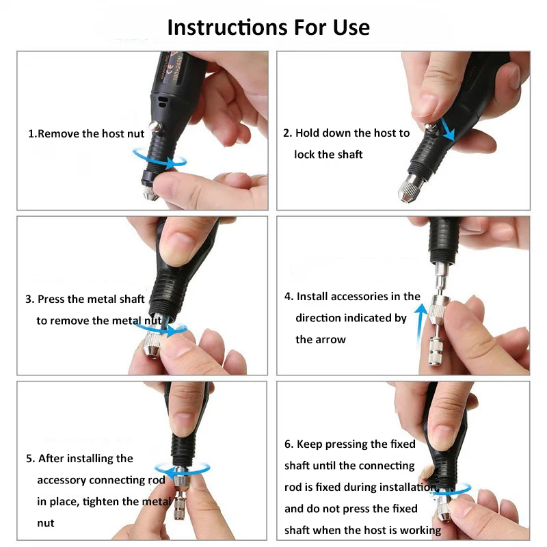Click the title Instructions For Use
point(268,27)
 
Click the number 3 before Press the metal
point(29,299)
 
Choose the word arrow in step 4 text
point(331,339)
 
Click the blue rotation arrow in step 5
point(181,470)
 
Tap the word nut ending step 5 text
point(45,523)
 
